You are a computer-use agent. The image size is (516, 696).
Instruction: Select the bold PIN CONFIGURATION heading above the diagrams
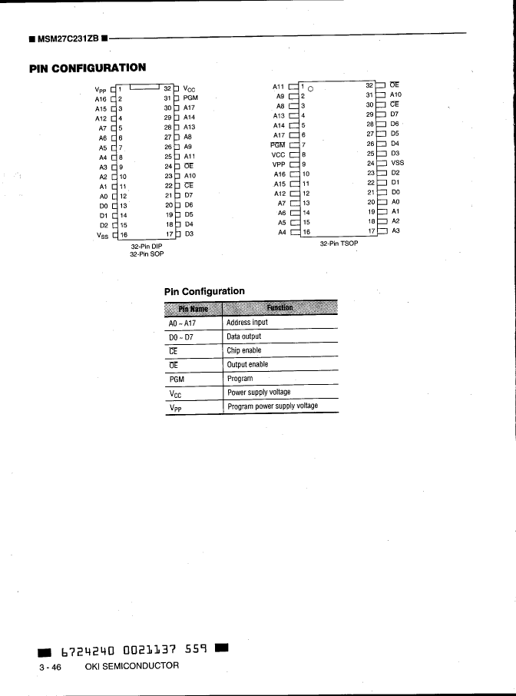[87, 68]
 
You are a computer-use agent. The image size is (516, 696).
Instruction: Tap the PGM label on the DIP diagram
[191, 98]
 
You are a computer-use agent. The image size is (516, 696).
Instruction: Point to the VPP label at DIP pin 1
[100, 89]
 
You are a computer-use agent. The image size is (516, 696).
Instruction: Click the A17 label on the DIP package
[190, 108]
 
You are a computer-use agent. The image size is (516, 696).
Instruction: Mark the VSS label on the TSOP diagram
[397, 163]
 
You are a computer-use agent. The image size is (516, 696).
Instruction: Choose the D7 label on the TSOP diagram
[395, 114]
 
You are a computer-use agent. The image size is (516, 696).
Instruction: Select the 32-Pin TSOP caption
[338, 244]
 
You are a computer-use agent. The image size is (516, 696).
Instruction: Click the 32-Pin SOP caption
[146, 253]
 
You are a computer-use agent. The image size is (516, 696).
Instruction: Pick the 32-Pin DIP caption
[146, 246]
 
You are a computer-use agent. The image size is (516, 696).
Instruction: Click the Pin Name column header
[193, 309]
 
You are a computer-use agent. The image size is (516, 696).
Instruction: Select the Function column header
[279, 309]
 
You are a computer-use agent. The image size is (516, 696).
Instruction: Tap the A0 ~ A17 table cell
[183, 323]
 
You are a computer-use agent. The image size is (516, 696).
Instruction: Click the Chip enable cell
[243, 350]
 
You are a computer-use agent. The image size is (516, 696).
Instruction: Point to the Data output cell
[244, 336]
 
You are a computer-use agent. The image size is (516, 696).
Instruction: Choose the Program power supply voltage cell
[273, 406]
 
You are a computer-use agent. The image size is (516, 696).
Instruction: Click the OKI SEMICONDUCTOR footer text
[131, 665]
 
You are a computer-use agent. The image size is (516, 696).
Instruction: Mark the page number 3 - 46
[51, 665]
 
